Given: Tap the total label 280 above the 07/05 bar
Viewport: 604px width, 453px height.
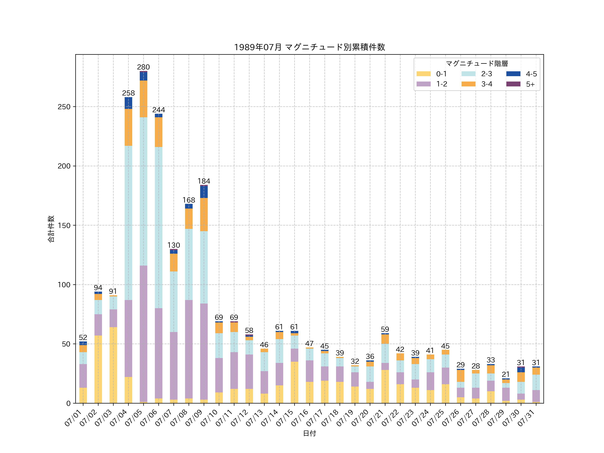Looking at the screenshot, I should tap(143, 67).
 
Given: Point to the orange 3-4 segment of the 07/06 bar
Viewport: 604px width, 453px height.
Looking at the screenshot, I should tap(159, 132).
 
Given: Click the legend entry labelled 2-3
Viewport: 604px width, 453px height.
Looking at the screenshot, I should tap(486, 74).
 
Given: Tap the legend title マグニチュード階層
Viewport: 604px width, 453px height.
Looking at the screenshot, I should tap(477, 64).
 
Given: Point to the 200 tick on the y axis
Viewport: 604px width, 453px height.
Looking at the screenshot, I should tap(64, 166).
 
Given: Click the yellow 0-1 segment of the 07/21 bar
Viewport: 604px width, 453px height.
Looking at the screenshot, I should tap(385, 386).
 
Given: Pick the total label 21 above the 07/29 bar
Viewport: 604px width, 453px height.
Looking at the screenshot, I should tap(506, 374).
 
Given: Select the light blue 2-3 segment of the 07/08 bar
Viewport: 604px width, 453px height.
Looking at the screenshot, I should tap(189, 264).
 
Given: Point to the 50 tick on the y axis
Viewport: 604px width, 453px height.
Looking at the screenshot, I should tap(66, 344).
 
